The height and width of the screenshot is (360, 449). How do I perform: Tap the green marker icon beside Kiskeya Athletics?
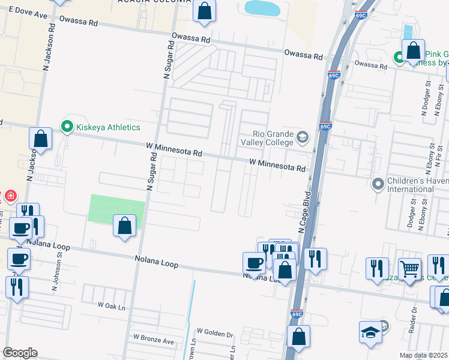tap(66, 127)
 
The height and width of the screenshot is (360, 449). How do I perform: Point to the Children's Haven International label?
tap(410, 185)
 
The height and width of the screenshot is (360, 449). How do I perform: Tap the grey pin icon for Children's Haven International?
tap(378, 183)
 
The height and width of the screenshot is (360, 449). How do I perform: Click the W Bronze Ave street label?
tap(153, 340)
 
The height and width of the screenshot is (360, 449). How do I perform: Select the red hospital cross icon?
tap(10, 196)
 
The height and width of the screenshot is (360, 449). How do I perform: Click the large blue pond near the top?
tap(262, 8)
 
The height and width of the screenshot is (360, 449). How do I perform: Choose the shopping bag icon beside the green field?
tap(124, 226)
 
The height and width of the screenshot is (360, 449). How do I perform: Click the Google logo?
tap(20, 353)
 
